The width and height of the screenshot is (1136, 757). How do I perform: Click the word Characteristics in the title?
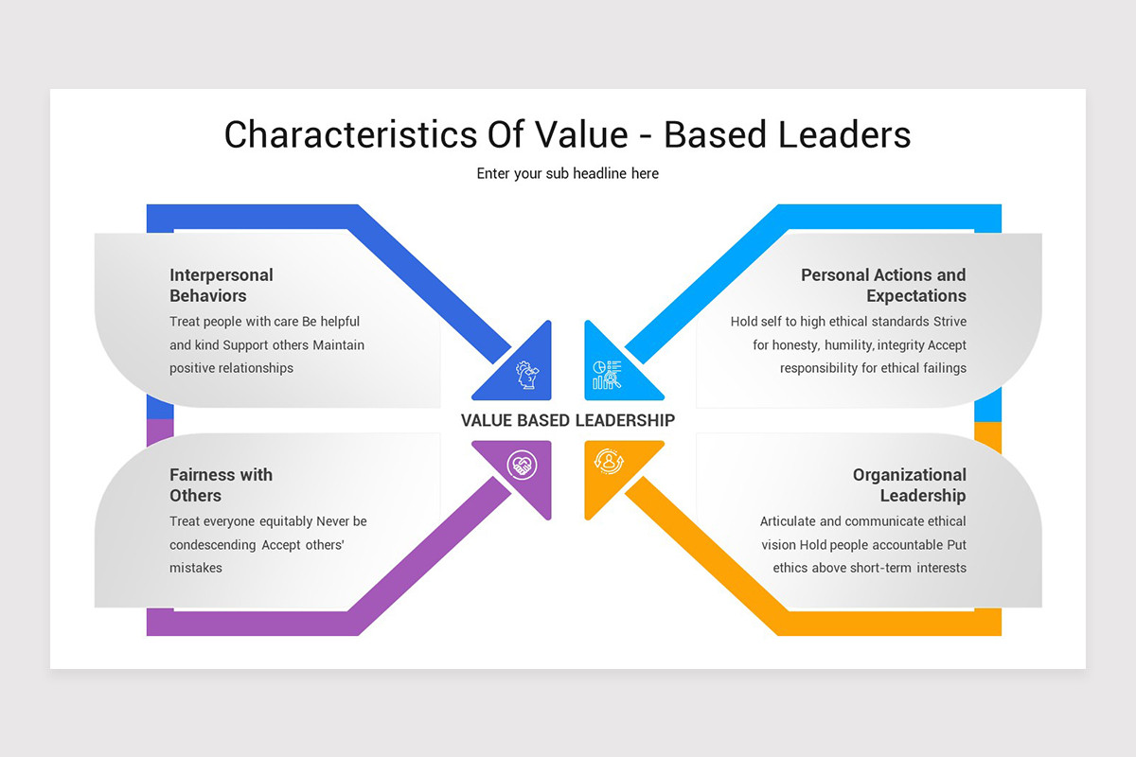click(x=351, y=134)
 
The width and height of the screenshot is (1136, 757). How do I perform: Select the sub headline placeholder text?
click(x=567, y=173)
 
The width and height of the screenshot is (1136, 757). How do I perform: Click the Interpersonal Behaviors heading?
click(x=222, y=285)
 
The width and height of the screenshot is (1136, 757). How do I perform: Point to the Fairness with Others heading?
click(x=221, y=484)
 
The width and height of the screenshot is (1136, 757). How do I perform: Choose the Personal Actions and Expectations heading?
click(x=883, y=285)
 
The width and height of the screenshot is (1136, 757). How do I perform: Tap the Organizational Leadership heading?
click(x=910, y=484)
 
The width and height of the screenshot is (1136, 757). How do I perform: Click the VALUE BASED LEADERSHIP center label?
click(x=567, y=420)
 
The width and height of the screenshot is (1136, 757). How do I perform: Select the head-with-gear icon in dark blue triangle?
click(x=527, y=375)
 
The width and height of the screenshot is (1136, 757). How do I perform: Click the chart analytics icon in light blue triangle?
click(x=607, y=375)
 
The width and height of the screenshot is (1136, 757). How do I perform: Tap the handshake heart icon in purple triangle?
click(x=523, y=465)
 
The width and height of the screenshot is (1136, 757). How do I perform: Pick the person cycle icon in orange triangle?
click(x=609, y=462)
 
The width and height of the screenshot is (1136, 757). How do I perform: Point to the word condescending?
click(x=212, y=544)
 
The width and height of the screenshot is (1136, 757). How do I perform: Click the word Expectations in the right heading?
click(x=916, y=295)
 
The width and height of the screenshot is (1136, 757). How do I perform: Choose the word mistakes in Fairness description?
click(x=196, y=568)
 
